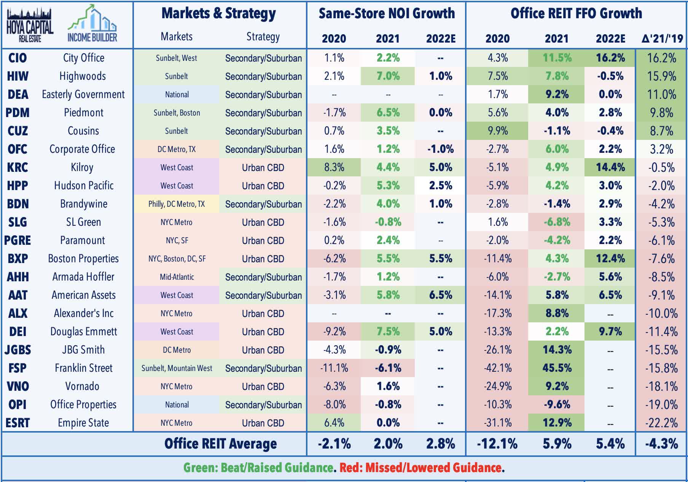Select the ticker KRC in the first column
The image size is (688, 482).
pos(18,167)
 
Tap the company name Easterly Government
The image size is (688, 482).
pos(83,94)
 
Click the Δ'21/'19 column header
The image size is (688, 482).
pos(662,38)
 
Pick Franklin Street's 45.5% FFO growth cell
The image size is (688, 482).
pos(557,368)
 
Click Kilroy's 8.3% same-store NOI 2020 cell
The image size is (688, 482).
pos(334,167)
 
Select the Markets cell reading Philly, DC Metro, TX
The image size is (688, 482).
pos(177,204)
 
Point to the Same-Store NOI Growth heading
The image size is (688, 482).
pos(387,13)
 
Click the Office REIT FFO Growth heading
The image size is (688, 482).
pos(576,13)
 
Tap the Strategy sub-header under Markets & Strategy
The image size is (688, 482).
pos(263,37)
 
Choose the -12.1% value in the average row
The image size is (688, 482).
pos(497,444)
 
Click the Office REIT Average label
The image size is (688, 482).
pos(220,444)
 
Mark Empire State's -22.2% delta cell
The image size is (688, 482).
pos(662,423)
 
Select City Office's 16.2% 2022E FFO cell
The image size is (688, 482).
pos(610,58)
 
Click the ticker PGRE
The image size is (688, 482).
pos(18,240)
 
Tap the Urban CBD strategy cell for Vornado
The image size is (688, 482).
pos(263,386)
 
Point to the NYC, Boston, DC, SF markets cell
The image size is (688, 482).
pos(177,259)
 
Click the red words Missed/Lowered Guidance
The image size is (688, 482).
pos(421,468)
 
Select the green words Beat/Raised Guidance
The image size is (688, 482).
pos(258,468)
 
